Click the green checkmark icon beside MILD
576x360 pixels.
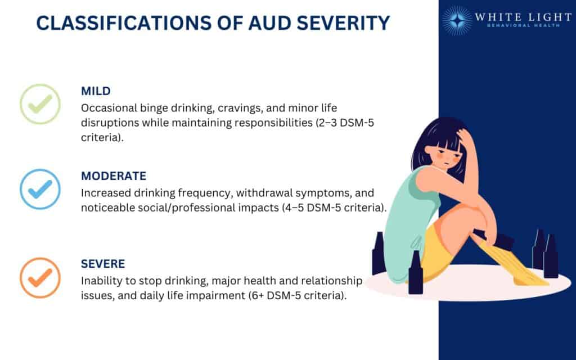(40, 104)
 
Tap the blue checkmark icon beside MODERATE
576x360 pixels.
(40, 190)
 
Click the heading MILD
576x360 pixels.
(95, 91)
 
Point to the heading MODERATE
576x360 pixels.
(114, 176)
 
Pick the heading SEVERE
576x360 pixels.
(103, 263)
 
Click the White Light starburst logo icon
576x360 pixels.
(457, 21)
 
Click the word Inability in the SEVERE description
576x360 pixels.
(100, 280)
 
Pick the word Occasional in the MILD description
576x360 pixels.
(106, 107)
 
